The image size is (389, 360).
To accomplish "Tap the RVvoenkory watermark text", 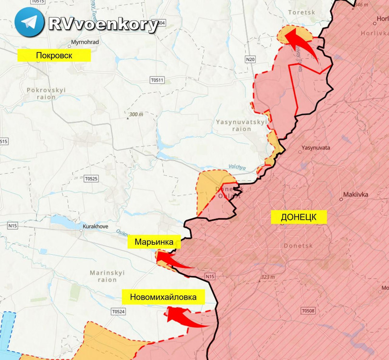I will (x=103, y=24).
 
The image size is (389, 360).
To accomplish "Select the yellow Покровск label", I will (x=54, y=55).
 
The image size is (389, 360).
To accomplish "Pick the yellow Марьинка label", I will (x=154, y=242).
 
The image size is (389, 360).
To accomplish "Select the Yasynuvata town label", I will (x=316, y=148).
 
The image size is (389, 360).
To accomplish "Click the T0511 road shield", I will (x=157, y=80).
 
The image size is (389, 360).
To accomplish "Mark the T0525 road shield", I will (x=91, y=179).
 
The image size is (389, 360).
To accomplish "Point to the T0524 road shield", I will (x=118, y=312).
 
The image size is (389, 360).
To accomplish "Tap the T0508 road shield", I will (x=308, y=311).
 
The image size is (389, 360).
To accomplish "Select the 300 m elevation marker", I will (x=136, y=115).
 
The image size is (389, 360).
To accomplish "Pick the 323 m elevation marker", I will (x=268, y=277).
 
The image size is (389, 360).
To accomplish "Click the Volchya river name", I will (x=237, y=168).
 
